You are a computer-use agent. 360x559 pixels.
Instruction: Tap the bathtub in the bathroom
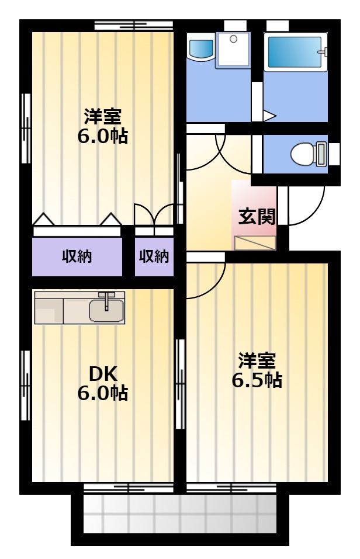pyautogui.click(x=295, y=51)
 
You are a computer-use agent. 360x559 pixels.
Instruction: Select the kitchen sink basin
pyautogui.click(x=106, y=311)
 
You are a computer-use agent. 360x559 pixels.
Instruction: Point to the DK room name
pyautogui.click(x=103, y=374)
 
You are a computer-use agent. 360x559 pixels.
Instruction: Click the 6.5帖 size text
pyautogui.click(x=257, y=380)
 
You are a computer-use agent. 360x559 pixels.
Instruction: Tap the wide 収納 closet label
pyautogui.click(x=77, y=256)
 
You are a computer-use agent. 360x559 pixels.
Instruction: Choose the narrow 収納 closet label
pyautogui.click(x=154, y=256)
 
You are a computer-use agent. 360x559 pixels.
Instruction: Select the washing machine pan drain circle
pyautogui.click(x=233, y=39)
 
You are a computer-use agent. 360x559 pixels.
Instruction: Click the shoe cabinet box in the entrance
pyautogui.click(x=255, y=243)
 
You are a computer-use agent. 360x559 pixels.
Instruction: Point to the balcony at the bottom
pyautogui.click(x=180, y=513)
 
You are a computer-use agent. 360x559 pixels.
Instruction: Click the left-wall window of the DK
pyautogui.click(x=25, y=385)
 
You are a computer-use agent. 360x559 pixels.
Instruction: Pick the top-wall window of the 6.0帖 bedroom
pyautogui.click(x=134, y=25)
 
